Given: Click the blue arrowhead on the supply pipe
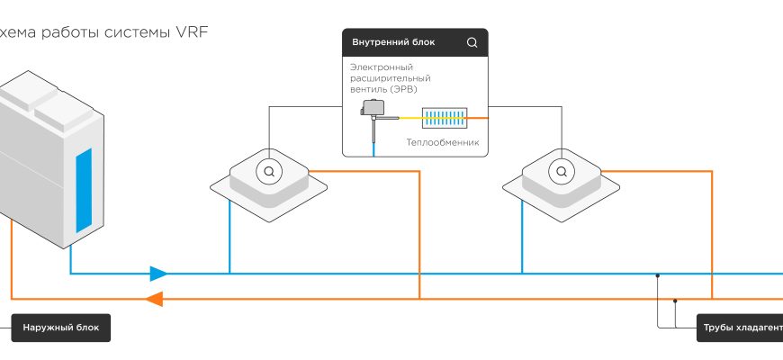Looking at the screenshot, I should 158,273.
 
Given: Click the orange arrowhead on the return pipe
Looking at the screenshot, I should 155,299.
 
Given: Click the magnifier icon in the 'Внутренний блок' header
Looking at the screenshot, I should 472,42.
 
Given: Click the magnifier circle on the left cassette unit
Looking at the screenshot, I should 267,169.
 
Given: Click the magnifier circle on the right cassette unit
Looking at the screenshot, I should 559,169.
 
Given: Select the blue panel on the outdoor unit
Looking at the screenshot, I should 83,190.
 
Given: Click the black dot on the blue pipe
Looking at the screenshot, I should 658,274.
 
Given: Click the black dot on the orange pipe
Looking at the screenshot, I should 674,300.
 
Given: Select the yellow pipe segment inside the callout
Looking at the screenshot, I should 407,117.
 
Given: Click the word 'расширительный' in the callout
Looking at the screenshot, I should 388,78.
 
